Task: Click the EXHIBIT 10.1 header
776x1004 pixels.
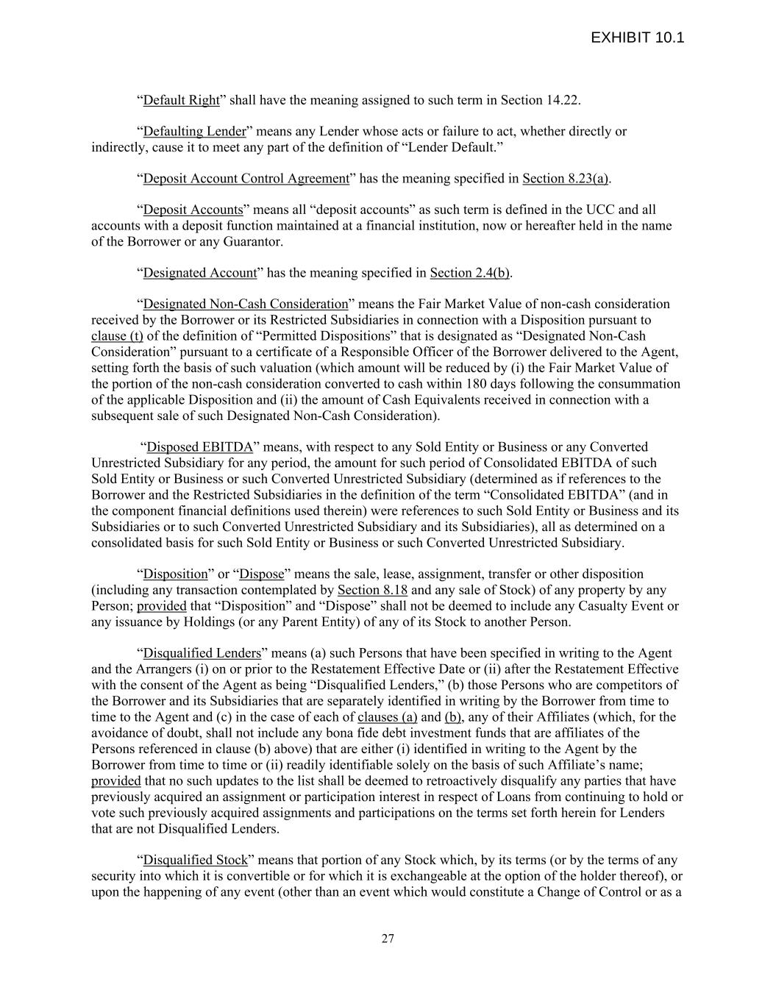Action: tap(637, 38)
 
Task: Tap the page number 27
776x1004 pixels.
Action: tap(388, 939)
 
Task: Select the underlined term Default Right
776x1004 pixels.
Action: tap(181, 100)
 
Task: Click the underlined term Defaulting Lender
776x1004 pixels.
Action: tap(194, 132)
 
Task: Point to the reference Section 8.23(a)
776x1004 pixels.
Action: tap(566, 179)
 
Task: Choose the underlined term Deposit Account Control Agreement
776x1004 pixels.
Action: tap(246, 179)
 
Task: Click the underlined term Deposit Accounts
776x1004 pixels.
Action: tap(193, 210)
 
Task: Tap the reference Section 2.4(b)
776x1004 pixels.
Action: tap(470, 273)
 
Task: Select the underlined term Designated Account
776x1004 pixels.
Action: tap(199, 273)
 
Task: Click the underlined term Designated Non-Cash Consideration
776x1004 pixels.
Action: tap(245, 305)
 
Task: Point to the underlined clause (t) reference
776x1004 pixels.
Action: tap(117, 336)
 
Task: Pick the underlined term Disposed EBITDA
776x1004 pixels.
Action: tap(200, 447)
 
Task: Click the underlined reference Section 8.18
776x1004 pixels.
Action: tap(372, 590)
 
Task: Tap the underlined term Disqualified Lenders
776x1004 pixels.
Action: tap(202, 653)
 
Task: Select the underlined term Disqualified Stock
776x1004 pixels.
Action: tap(195, 861)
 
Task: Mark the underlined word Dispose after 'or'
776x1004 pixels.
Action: tap(263, 574)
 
